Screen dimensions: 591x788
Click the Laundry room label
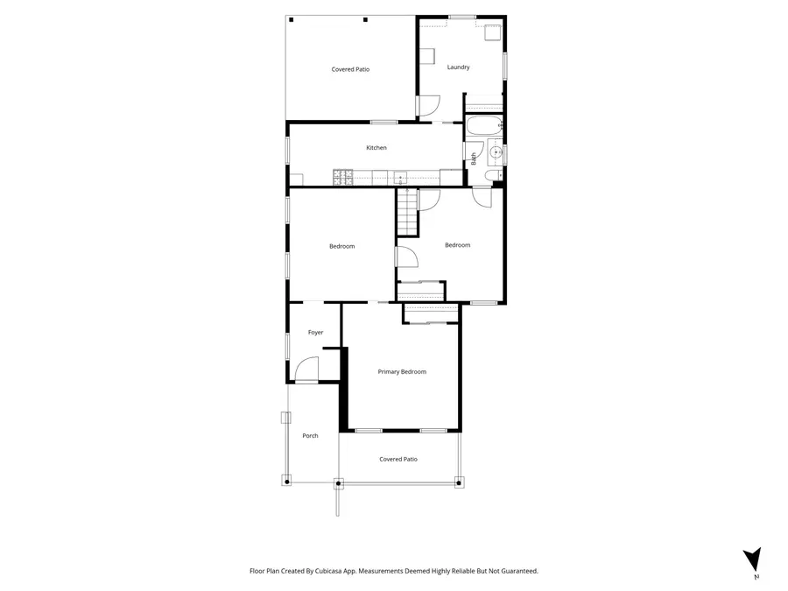pyautogui.click(x=458, y=67)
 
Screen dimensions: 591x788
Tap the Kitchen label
pyautogui.click(x=376, y=148)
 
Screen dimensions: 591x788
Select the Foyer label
pyautogui.click(x=315, y=333)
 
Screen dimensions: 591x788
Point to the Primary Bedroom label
pyautogui.click(x=402, y=372)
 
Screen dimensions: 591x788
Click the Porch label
pyautogui.click(x=310, y=436)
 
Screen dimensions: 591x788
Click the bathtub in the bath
pyautogui.click(x=483, y=127)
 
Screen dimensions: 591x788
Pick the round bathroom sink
pyautogui.click(x=496, y=153)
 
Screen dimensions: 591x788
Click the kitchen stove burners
pyautogui.click(x=342, y=178)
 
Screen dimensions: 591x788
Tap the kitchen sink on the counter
pyautogui.click(x=400, y=177)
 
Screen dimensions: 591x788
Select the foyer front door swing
pyautogui.click(x=306, y=371)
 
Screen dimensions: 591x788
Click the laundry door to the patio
pyautogui.click(x=427, y=106)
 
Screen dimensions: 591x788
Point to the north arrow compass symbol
pyautogui.click(x=751, y=561)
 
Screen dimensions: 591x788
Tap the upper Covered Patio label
pyautogui.click(x=350, y=69)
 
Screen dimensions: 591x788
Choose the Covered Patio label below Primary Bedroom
pyautogui.click(x=398, y=459)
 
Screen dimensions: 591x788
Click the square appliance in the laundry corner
pyautogui.click(x=493, y=34)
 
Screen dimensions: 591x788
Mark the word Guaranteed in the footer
pyautogui.click(x=516, y=571)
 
